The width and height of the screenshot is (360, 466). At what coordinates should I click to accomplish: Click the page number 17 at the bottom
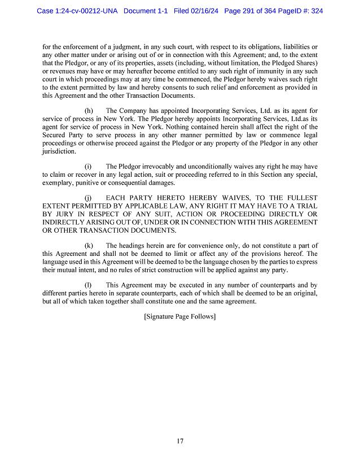pyautogui.click(x=179, y=441)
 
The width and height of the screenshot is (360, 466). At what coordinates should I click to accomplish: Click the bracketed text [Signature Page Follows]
pyautogui.click(x=179, y=317)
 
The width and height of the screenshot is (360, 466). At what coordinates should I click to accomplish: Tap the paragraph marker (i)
pyautogui.click(x=89, y=167)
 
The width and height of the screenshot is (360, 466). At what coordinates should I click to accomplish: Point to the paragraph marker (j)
pyautogui.click(x=89, y=198)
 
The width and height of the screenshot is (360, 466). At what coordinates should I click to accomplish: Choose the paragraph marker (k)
pyautogui.click(x=89, y=246)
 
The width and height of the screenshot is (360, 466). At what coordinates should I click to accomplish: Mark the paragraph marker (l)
pyautogui.click(x=89, y=285)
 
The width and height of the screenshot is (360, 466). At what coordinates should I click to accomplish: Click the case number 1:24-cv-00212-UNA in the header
pyautogui.click(x=77, y=11)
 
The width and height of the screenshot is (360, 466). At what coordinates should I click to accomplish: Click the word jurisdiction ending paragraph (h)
pyautogui.click(x=59, y=151)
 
